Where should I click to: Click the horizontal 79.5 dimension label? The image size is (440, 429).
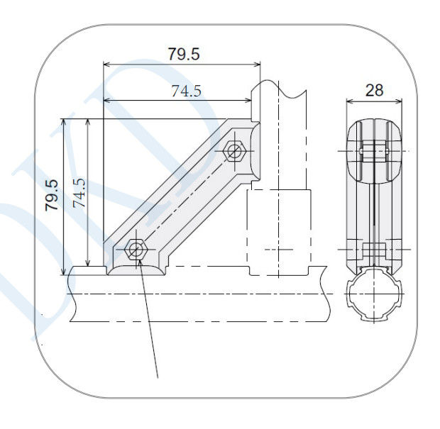[184, 54]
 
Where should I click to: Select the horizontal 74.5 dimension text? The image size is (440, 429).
[187, 91]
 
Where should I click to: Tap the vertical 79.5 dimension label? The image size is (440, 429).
[52, 195]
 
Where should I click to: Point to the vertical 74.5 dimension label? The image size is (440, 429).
[79, 193]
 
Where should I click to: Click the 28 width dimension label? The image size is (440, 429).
[374, 90]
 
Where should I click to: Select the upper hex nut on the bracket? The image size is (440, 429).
[234, 151]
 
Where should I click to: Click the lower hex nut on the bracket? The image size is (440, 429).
[136, 250]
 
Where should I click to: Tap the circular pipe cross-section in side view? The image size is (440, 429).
[374, 294]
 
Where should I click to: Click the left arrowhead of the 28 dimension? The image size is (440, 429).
[350, 101]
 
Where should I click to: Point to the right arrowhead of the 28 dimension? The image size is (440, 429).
[399, 101]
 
